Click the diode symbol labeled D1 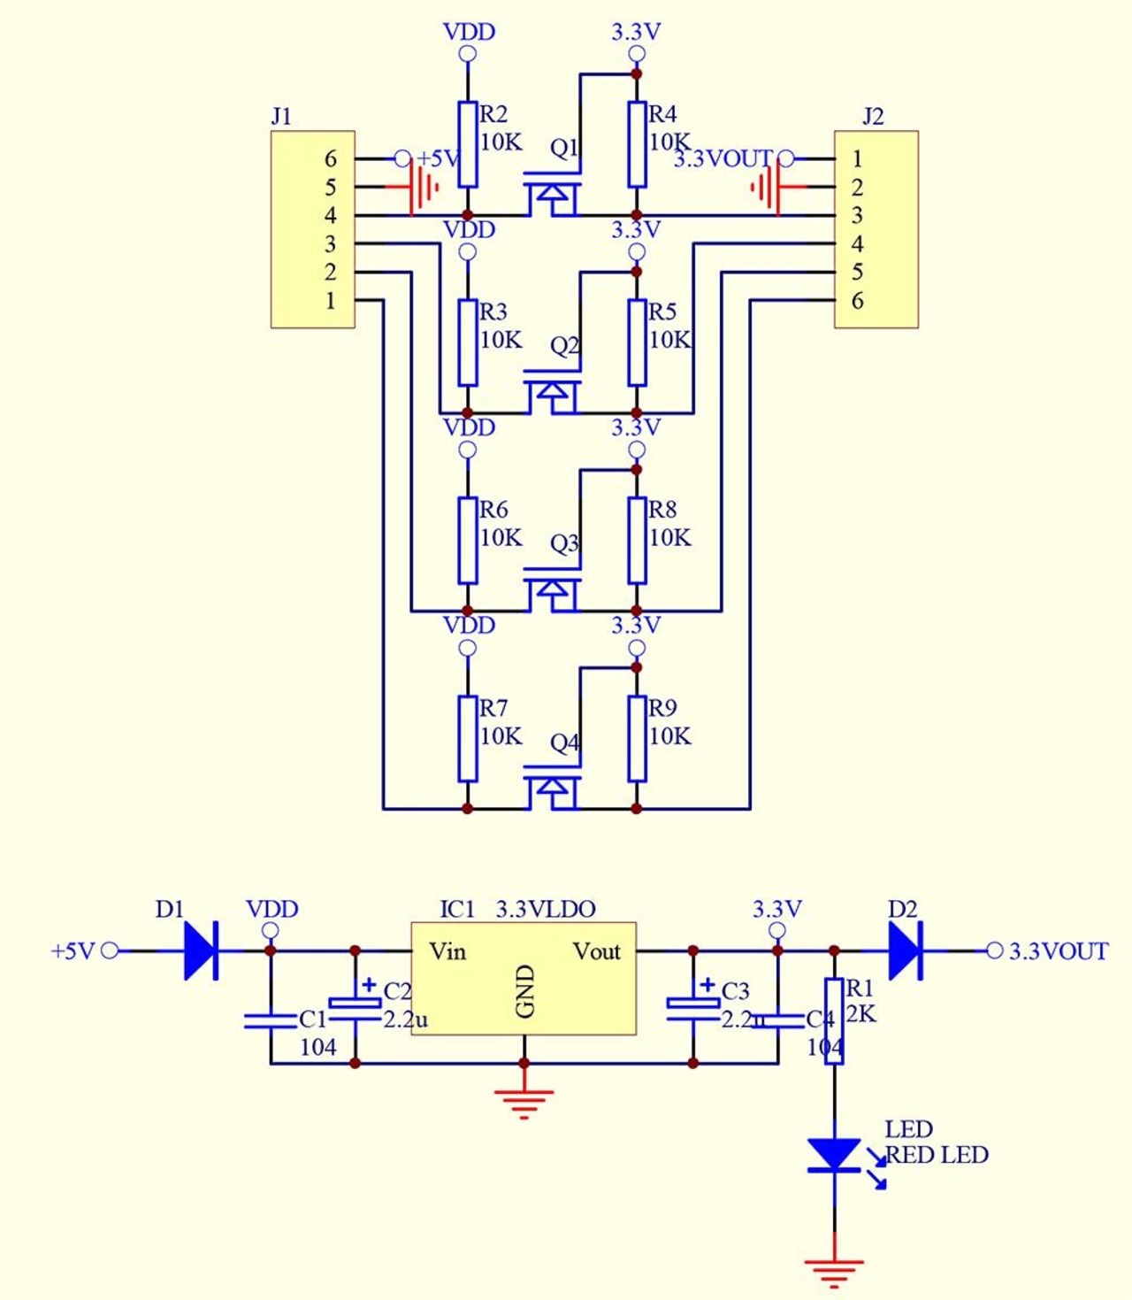(x=202, y=950)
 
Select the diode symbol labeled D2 (x=906, y=950)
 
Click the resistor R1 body (x=834, y=1021)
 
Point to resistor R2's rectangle (x=468, y=144)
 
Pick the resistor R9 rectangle (x=637, y=739)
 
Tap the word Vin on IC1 (x=447, y=951)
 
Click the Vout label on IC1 (x=596, y=951)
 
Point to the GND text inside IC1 (x=526, y=992)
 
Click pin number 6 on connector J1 (x=330, y=158)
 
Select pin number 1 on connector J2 (x=857, y=158)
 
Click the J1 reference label (x=281, y=116)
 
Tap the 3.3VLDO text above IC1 (x=546, y=909)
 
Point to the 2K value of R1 (x=860, y=1015)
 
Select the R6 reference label (x=493, y=510)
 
